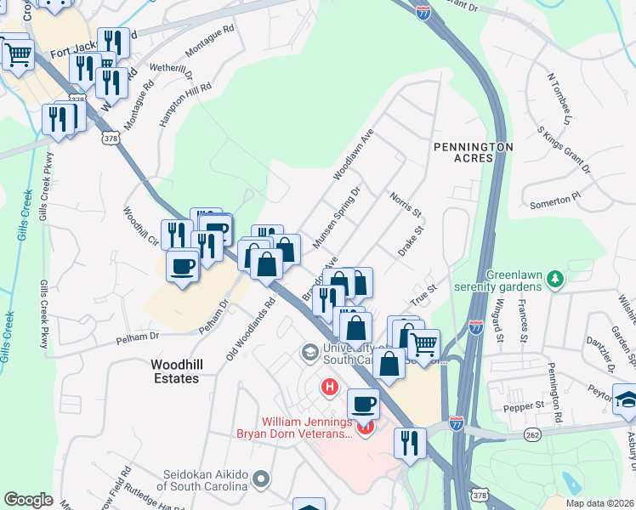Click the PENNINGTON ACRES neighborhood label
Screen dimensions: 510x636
474,152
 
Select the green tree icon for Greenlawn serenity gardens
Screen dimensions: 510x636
555,278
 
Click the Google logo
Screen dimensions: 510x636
28,499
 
